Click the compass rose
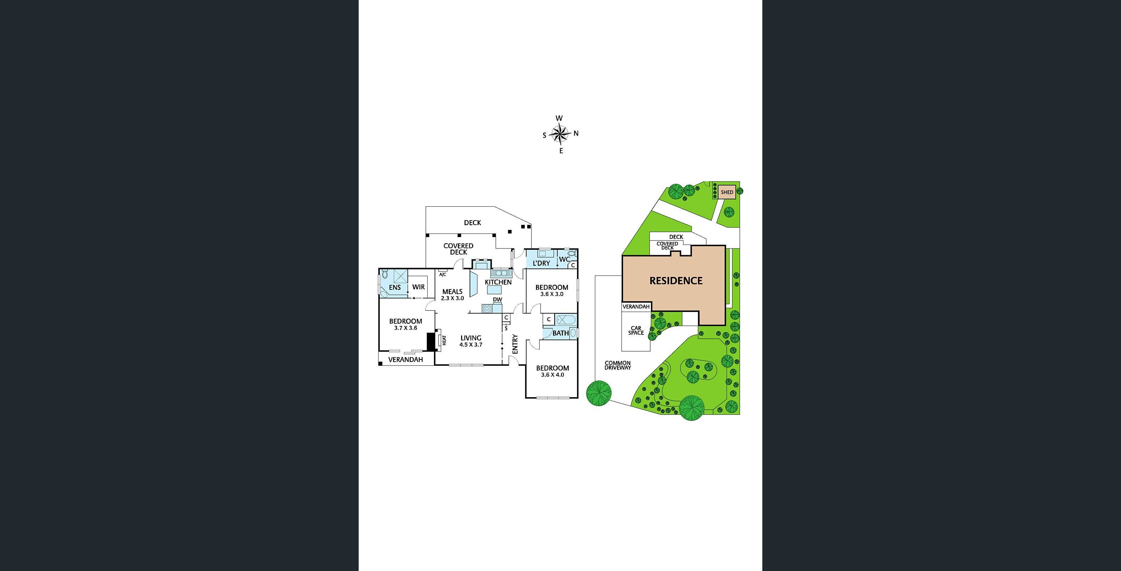pyautogui.click(x=560, y=134)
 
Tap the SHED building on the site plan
pyautogui.click(x=727, y=192)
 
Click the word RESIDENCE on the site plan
pyautogui.click(x=676, y=281)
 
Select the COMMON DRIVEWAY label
pyautogui.click(x=617, y=365)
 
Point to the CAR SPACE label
pyautogui.click(x=636, y=331)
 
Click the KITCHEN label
pyautogui.click(x=498, y=282)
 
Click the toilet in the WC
pyautogui.click(x=571, y=253)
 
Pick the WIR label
pyautogui.click(x=418, y=287)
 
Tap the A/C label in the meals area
pyautogui.click(x=443, y=275)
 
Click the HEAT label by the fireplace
pyautogui.click(x=444, y=340)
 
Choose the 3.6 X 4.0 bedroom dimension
pyautogui.click(x=552, y=375)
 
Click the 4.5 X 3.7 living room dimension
pyautogui.click(x=471, y=345)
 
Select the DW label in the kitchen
pyautogui.click(x=498, y=299)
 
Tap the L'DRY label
pyautogui.click(x=541, y=263)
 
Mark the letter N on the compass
pyautogui.click(x=576, y=133)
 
